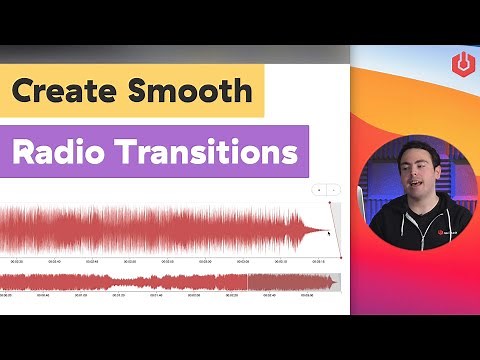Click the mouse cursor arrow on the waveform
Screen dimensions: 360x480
[x=329, y=233]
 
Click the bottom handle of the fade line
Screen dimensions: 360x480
[x=341, y=257]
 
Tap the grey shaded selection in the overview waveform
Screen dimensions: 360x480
[x=292, y=282]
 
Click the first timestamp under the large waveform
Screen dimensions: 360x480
[x=17, y=263]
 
